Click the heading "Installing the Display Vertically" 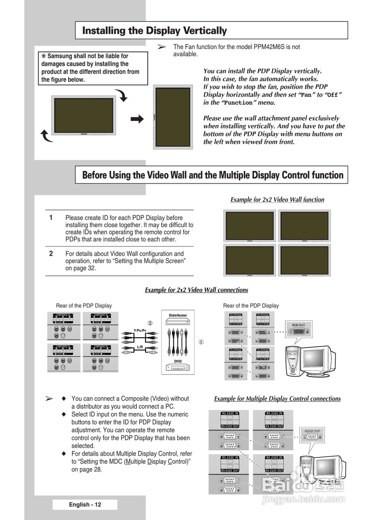[x=154, y=30]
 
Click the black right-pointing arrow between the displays [x=137, y=119]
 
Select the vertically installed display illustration [x=173, y=117]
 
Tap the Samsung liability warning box [x=93, y=68]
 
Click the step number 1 [x=51, y=218]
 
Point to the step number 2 [x=51, y=253]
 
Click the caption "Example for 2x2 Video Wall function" [x=277, y=199]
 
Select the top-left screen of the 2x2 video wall [x=250, y=226]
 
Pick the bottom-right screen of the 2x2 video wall [x=304, y=260]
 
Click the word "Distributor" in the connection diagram [x=178, y=315]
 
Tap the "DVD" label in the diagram [x=178, y=361]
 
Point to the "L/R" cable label [x=140, y=347]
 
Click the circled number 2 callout [x=150, y=323]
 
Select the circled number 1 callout [x=201, y=342]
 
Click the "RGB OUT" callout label [x=299, y=325]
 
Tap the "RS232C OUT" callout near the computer [x=312, y=431]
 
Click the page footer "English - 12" [x=85, y=505]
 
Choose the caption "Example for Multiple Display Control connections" [x=277, y=399]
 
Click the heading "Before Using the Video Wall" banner [x=213, y=175]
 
